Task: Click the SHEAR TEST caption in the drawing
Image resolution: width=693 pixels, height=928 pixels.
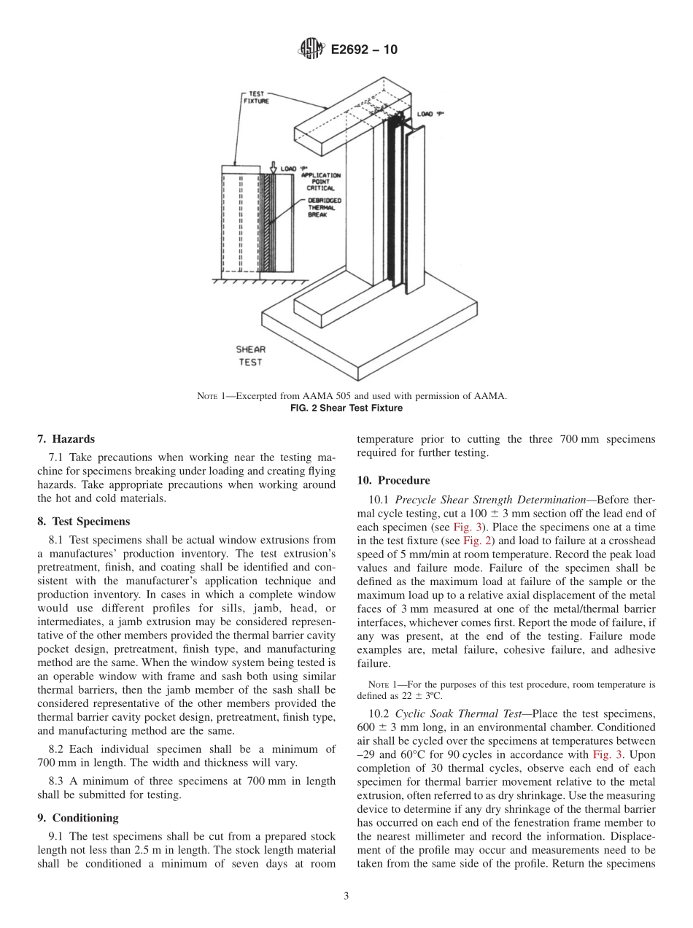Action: (x=249, y=355)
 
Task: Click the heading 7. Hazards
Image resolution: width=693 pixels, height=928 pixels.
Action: (x=66, y=439)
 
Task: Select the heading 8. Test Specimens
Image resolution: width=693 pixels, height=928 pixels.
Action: (x=83, y=522)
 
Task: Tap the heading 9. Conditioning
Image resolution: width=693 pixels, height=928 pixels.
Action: (x=78, y=818)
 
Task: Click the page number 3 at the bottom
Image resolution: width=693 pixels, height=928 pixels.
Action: (x=346, y=897)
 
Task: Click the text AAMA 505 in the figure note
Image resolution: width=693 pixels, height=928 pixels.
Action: (x=318, y=396)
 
